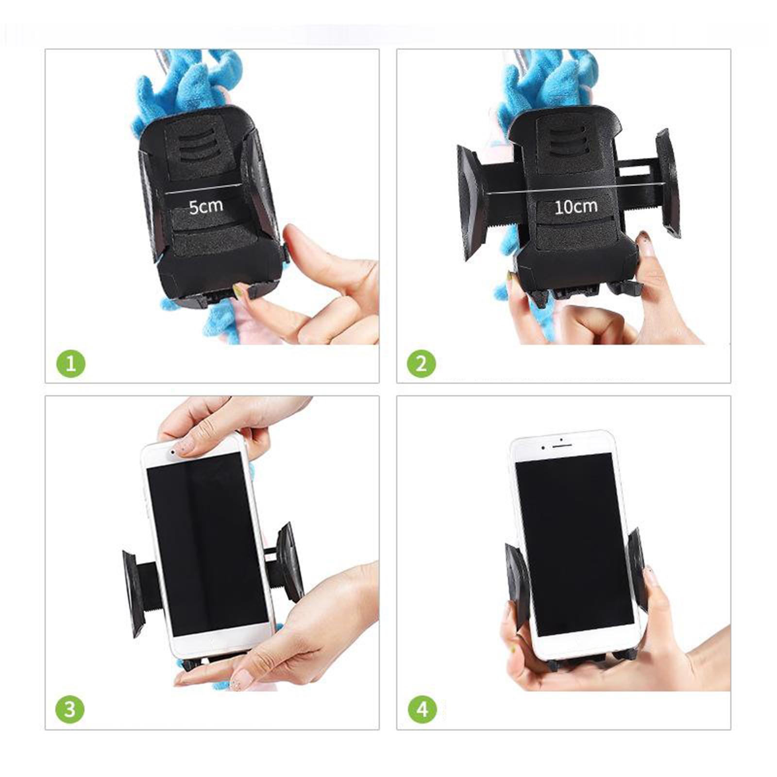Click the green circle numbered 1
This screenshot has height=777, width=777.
click(71, 363)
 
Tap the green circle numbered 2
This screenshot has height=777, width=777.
click(421, 363)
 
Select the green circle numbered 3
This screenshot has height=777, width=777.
click(70, 709)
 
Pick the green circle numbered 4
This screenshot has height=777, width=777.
click(422, 709)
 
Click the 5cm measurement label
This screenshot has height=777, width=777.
click(206, 206)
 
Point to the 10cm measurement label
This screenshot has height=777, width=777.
click(575, 207)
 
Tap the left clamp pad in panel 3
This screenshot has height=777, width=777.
click(133, 593)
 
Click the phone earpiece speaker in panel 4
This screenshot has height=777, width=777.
click(561, 440)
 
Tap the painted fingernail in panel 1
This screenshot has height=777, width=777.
click(238, 291)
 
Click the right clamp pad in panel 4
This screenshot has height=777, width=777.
click(635, 568)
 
